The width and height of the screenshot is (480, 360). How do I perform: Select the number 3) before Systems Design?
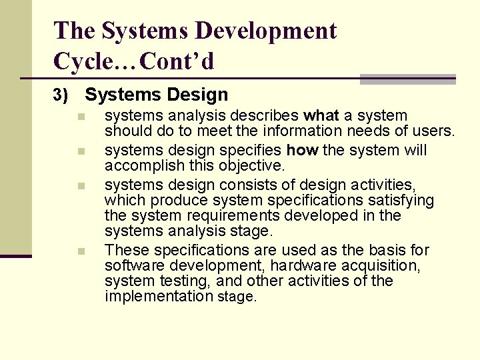(61, 96)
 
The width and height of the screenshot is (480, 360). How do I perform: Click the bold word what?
(321, 116)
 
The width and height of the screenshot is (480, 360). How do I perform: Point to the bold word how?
(301, 151)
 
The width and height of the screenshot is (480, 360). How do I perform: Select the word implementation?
(158, 296)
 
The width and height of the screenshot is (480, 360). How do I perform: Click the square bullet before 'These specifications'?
(80, 251)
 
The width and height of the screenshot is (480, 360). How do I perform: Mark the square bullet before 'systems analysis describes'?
(80, 117)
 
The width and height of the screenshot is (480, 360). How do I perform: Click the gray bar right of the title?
(407, 79)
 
